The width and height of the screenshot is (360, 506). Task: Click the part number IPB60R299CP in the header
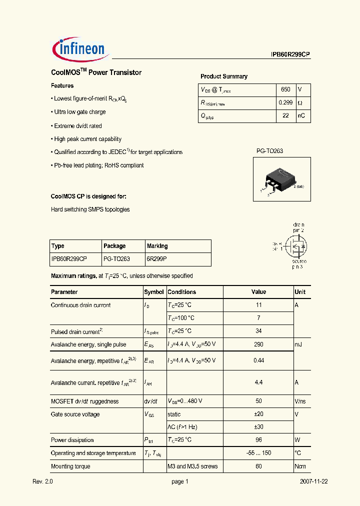point(287,55)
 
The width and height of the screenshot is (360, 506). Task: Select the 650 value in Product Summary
point(285,89)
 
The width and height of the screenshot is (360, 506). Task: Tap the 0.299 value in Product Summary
point(285,102)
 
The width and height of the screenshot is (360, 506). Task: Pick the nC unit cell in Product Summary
point(301,115)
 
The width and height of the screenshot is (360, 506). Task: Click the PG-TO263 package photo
point(280,180)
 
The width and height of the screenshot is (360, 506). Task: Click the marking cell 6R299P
point(157,259)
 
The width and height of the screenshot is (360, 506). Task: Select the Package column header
point(114,246)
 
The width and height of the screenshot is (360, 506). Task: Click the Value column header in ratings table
point(258,292)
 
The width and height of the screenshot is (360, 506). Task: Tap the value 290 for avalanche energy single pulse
point(258,344)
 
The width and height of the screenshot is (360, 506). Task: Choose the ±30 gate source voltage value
point(258,427)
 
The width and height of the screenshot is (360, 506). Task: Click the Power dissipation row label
point(72,440)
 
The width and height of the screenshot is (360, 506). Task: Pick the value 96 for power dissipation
point(258,440)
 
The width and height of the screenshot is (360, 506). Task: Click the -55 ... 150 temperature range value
point(258,453)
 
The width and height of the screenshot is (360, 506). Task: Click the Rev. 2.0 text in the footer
point(42,481)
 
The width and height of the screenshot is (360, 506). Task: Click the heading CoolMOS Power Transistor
point(96,72)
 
